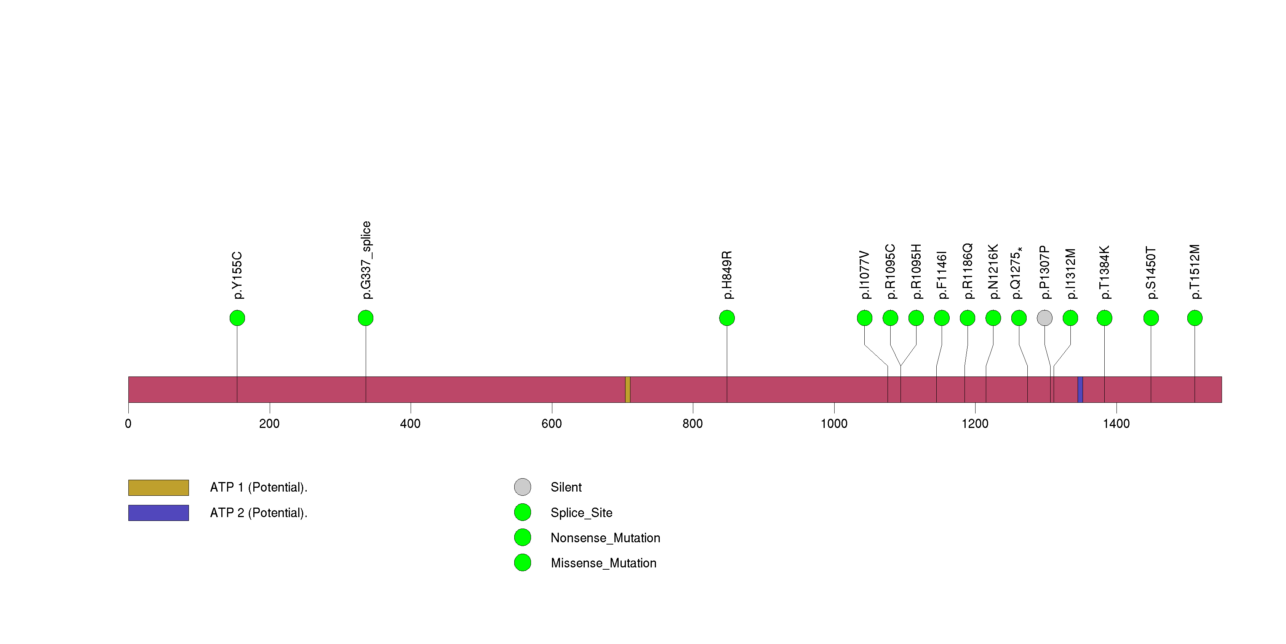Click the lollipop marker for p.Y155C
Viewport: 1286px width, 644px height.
[237, 318]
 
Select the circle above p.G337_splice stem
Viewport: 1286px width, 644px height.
[366, 318]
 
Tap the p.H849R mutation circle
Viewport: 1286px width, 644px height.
[727, 318]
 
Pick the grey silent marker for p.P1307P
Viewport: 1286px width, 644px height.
[1045, 318]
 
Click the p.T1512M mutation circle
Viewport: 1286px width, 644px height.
[1195, 318]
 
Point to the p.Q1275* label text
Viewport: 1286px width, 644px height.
[1016, 273]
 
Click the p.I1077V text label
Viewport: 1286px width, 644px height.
[865, 275]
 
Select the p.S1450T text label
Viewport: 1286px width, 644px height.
[1151, 272]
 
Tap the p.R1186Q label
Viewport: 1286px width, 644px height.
[968, 271]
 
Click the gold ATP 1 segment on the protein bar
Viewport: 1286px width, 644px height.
[627, 389]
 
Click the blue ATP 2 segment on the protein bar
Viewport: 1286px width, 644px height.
[1080, 389]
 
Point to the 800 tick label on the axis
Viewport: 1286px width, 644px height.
[693, 424]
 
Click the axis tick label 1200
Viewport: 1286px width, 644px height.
[975, 424]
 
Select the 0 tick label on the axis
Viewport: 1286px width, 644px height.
[128, 424]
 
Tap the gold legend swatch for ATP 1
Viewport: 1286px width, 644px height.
[159, 488]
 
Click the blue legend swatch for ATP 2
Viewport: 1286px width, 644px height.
[159, 513]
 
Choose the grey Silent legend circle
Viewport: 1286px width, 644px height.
[523, 487]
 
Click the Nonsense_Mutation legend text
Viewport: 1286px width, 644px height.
[606, 538]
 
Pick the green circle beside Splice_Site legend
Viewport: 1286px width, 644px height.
[523, 512]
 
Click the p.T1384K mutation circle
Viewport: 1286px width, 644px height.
[1104, 318]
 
